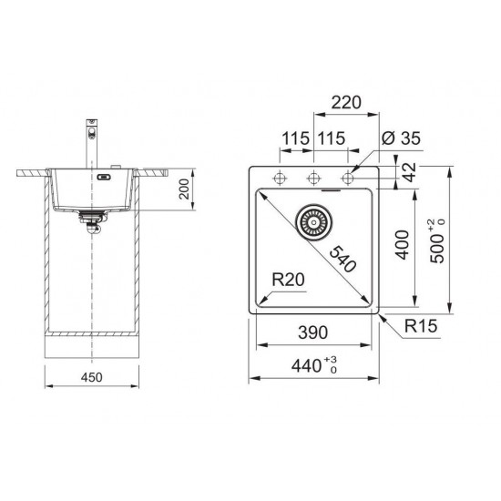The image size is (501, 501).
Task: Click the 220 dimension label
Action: point(346,103)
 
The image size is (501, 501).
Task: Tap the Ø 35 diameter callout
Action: point(401,138)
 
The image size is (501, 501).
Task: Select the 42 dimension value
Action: point(410,172)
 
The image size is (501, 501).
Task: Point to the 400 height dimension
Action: point(403,245)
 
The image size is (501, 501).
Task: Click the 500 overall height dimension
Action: point(436,241)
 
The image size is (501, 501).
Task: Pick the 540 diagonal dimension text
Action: point(343,259)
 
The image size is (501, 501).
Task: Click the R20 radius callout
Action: point(288,280)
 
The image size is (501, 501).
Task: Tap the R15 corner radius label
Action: point(421,326)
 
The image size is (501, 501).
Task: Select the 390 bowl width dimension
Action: point(312,332)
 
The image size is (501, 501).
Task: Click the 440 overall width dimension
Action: point(314,365)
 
